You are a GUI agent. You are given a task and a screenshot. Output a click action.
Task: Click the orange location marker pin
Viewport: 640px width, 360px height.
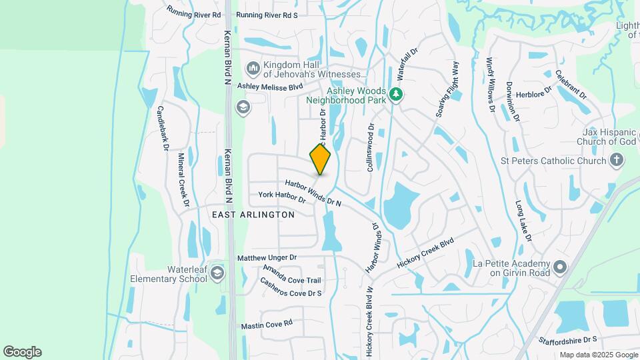tap(320, 159)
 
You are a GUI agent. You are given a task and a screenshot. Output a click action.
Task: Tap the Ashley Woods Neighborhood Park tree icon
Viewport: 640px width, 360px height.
tap(397, 94)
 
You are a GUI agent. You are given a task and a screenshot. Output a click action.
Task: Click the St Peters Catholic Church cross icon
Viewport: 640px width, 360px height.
tap(616, 161)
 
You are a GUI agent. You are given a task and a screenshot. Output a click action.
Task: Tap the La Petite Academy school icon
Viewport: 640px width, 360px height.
tap(559, 267)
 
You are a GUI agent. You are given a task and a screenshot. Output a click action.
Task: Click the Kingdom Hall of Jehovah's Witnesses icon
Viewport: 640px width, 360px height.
tap(252, 69)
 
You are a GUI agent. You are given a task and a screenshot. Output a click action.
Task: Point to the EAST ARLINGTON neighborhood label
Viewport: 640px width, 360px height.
tap(253, 215)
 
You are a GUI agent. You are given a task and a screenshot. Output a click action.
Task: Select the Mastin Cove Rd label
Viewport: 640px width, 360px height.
tap(267, 324)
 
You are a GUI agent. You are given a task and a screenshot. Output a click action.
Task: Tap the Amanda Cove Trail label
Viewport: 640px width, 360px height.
tap(292, 275)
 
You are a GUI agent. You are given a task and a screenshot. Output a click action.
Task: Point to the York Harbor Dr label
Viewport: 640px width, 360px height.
tap(281, 197)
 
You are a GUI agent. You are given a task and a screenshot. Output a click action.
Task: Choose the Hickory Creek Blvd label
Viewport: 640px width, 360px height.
tap(425, 253)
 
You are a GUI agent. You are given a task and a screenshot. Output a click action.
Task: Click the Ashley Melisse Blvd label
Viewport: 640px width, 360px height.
tap(270, 86)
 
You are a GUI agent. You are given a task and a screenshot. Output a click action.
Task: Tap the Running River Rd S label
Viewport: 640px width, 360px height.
tap(267, 15)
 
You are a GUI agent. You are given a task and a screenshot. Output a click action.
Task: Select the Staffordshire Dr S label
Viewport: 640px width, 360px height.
tap(566, 340)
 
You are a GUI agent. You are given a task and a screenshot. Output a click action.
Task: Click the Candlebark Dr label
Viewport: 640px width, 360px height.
tap(161, 128)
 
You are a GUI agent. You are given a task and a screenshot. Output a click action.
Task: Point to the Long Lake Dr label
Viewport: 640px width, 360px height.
tap(523, 220)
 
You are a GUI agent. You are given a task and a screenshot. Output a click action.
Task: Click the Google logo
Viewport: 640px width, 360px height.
tap(22, 352)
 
